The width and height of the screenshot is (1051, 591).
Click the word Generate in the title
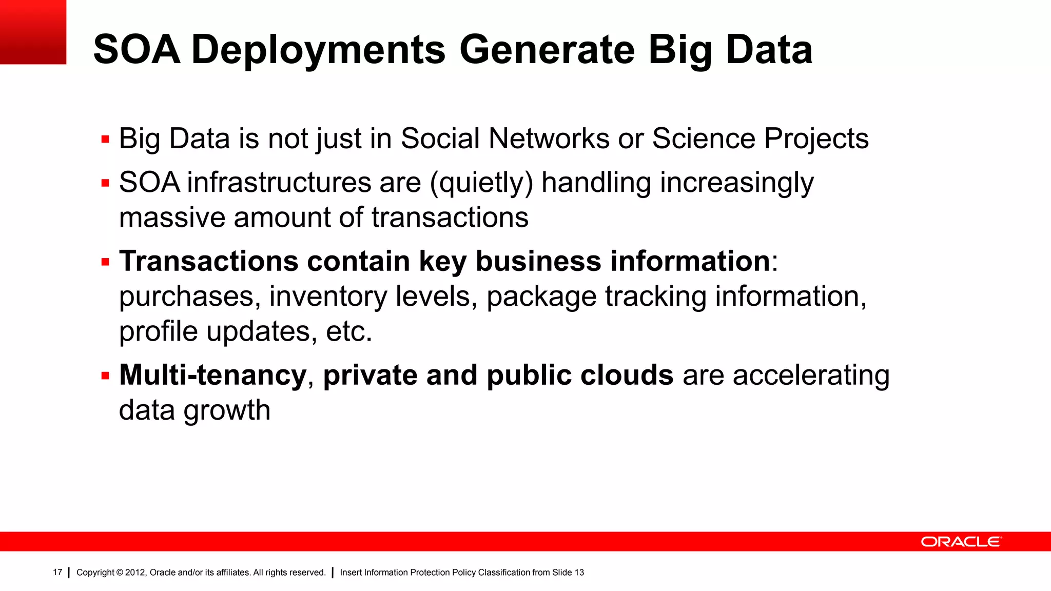tap(547, 50)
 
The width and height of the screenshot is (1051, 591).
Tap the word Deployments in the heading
tap(318, 50)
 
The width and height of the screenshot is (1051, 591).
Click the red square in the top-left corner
tap(33, 32)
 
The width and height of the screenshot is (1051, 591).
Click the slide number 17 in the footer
tap(57, 573)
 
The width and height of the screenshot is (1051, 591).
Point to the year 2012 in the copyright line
tap(135, 573)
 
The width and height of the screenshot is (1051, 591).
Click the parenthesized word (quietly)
tap(481, 183)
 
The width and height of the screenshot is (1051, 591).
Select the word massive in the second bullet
tap(172, 218)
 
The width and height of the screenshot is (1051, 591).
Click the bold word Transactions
tap(208, 261)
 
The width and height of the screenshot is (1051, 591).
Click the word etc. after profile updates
tap(349, 331)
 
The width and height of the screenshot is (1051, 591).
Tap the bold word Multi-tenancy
tap(212, 375)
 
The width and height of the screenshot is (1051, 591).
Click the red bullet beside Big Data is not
tap(106, 139)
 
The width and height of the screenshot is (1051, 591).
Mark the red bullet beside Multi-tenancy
tap(106, 376)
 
